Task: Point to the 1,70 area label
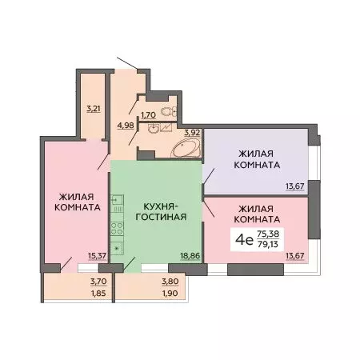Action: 149,115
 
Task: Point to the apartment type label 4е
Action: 241,237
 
